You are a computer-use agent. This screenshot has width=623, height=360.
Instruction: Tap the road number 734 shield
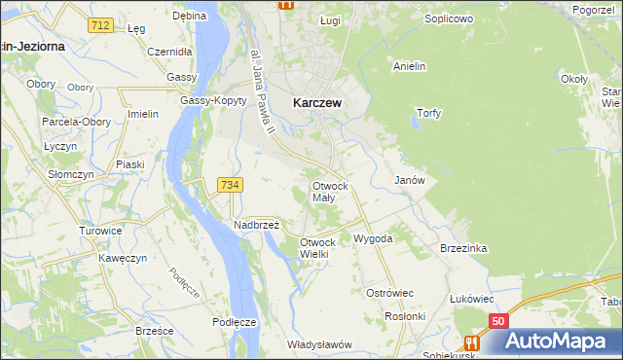(x=231, y=184)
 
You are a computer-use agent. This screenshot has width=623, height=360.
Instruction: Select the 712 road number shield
(x=98, y=24)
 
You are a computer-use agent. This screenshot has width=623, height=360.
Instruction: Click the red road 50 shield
(x=498, y=320)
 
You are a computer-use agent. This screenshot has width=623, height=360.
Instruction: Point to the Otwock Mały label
(x=330, y=191)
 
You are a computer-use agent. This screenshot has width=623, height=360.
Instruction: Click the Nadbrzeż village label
(x=257, y=224)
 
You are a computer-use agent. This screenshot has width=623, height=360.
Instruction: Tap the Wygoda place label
(x=373, y=237)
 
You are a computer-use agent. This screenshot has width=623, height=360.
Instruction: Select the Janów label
(x=408, y=180)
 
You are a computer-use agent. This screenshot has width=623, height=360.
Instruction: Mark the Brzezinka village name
(x=462, y=248)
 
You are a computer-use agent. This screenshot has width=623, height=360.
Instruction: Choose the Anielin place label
(x=412, y=66)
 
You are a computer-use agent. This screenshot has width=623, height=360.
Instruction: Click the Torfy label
(x=428, y=113)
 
